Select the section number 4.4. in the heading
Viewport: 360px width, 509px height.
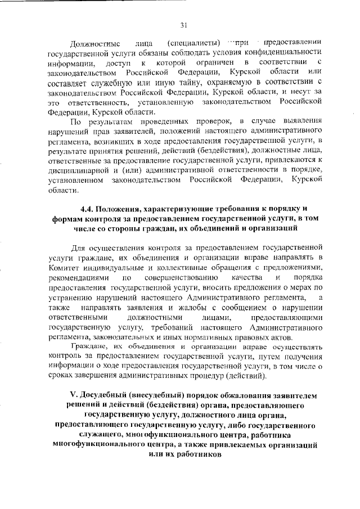point(90,208)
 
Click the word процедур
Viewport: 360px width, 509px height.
point(210,376)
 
